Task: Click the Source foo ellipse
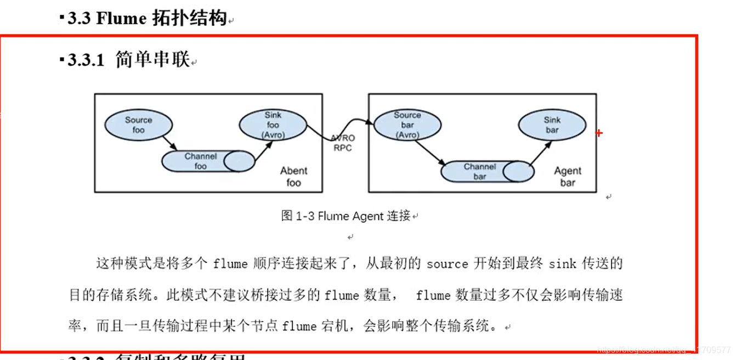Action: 138,125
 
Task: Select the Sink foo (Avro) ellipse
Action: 273,125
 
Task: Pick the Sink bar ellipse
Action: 552,125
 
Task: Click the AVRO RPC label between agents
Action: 342,143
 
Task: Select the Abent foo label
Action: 294,177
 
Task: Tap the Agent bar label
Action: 568,177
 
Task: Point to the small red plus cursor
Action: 599,133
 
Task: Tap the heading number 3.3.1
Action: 86,61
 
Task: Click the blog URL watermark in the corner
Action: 664,350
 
